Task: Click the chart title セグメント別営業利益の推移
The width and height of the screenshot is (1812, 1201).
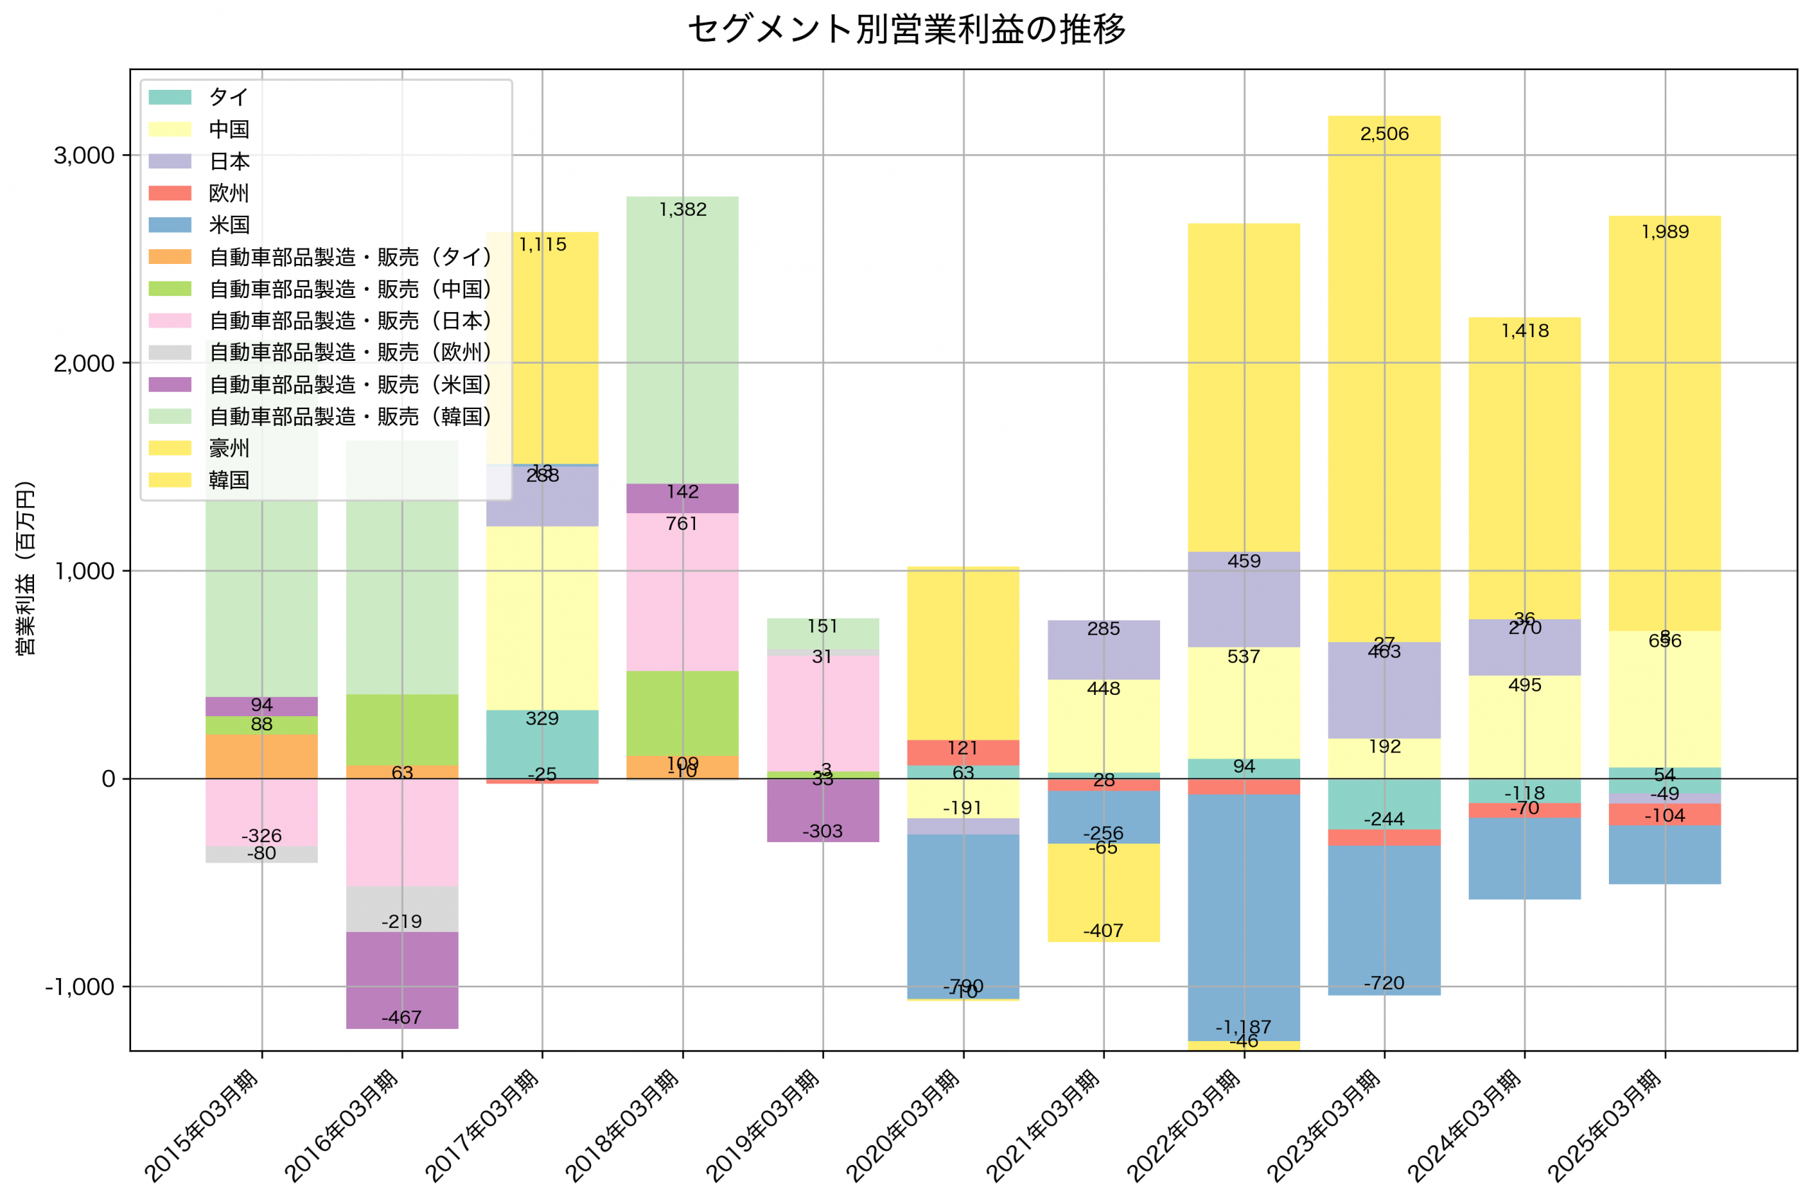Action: [906, 30]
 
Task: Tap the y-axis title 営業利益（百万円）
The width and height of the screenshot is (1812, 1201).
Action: [25, 568]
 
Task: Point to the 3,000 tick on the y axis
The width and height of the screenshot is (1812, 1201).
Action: [84, 156]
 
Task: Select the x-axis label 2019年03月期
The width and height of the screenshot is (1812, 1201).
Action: [763, 1126]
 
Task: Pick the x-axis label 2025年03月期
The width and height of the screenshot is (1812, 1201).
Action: [1605, 1126]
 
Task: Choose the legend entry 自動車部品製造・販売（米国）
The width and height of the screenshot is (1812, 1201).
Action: [349, 384]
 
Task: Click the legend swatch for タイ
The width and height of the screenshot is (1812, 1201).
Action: [169, 97]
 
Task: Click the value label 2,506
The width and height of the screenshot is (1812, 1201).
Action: [1384, 134]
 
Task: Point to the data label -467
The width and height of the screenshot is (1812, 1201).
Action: [402, 1017]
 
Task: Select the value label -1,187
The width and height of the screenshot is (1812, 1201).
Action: [1243, 1027]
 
